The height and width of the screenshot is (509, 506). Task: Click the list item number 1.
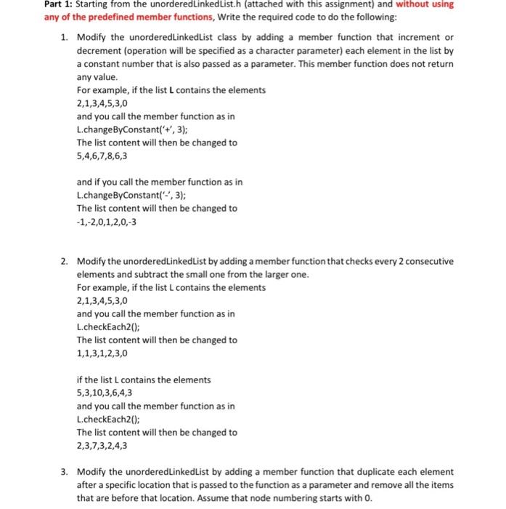(64, 37)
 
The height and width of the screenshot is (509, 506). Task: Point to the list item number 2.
(64, 261)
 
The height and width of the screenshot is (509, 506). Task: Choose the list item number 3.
(64, 471)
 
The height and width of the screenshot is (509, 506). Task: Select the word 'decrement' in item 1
(99, 51)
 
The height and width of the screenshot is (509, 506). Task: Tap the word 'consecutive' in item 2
(428, 261)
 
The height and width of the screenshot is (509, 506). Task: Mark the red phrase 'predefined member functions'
(119, 17)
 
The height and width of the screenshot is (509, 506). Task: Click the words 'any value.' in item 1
(97, 76)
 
